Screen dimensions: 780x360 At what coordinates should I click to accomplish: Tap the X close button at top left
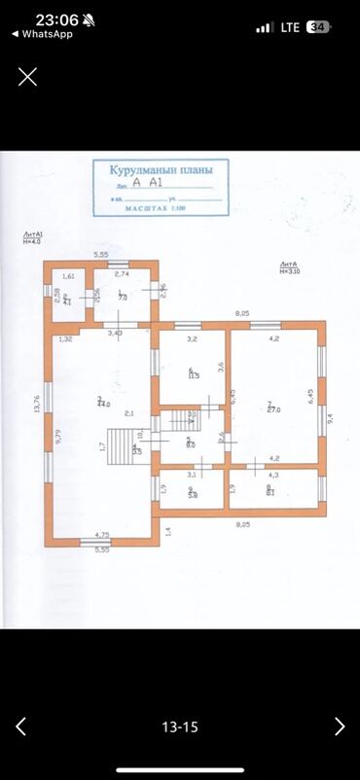coord(27,76)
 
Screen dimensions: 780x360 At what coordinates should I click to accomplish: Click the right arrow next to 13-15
coord(339,726)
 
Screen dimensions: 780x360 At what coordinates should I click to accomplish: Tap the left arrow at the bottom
coord(20,726)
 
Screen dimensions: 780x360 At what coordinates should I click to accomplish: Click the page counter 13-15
coord(180,727)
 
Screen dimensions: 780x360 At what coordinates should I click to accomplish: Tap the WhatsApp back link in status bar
coord(42,33)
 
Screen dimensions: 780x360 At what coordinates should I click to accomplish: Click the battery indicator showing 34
coord(317,27)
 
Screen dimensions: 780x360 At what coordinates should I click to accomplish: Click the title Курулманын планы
coord(162,169)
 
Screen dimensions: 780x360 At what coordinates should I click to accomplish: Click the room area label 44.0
coord(102,402)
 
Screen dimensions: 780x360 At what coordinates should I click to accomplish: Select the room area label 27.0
coord(273,409)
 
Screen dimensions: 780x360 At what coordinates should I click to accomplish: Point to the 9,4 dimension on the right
coord(330,417)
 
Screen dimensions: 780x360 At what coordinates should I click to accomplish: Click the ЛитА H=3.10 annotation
coord(288,267)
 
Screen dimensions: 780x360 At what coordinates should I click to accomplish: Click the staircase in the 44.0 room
coord(122,448)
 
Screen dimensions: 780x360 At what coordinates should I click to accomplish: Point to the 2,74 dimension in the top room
coord(122,274)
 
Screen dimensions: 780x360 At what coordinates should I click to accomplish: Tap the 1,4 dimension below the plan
coord(166,531)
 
